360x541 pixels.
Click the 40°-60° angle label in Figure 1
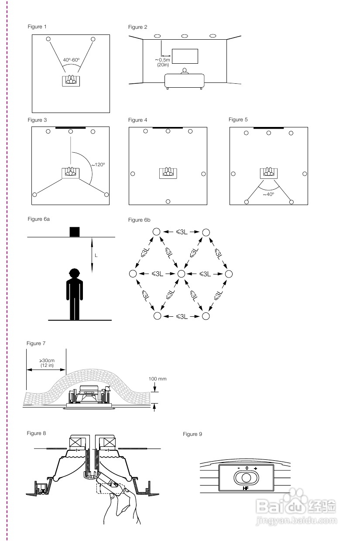coord(71,60)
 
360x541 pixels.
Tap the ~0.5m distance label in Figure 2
coord(164,60)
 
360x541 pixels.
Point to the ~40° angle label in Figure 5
coord(268,194)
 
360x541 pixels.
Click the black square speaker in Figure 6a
coord(75,232)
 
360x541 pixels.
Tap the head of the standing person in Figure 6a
coord(75,274)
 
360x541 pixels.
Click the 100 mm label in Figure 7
coord(158,379)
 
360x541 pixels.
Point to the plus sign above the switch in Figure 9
coord(255,468)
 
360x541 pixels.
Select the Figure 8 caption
coord(36,433)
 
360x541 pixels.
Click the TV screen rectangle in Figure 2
coord(185,56)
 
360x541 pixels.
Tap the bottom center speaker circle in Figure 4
coord(168,202)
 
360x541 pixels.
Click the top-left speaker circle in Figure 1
coord(48,39)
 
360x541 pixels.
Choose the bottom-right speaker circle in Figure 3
coord(106,194)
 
